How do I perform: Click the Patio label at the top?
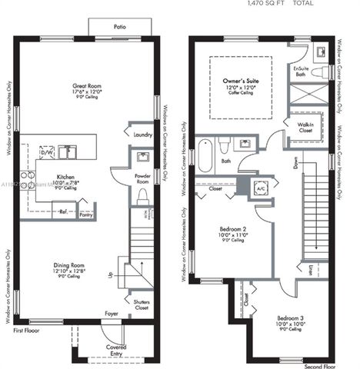(120, 27)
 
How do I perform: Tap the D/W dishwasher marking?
(47, 153)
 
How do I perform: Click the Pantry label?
(86, 214)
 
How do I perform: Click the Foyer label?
(112, 314)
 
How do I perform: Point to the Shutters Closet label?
(142, 305)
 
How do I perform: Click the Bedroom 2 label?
(231, 228)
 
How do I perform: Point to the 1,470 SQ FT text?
(266, 4)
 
